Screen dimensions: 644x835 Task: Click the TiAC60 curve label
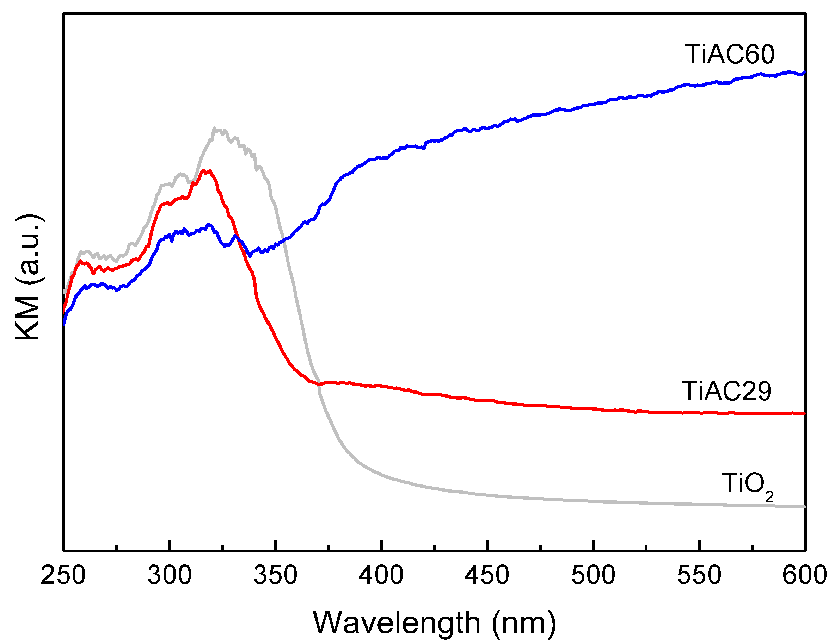[729, 55]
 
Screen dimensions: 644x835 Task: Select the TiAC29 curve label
[726, 392]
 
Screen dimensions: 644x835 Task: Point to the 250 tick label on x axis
[63, 575]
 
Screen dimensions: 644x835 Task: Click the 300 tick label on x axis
[170, 575]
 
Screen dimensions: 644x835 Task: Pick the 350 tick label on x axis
[275, 575]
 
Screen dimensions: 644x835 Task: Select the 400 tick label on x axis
[381, 575]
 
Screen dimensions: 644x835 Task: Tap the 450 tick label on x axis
[487, 575]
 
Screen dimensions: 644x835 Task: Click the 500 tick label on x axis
[593, 575]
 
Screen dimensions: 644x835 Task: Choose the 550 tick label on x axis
[699, 575]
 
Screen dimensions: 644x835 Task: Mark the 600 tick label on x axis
[804, 575]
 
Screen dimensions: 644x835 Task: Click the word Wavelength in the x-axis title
[397, 623]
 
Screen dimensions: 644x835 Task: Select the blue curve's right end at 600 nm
[804, 72]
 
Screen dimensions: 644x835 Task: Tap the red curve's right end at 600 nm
[804, 413]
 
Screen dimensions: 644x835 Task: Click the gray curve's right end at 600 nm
[804, 506]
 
